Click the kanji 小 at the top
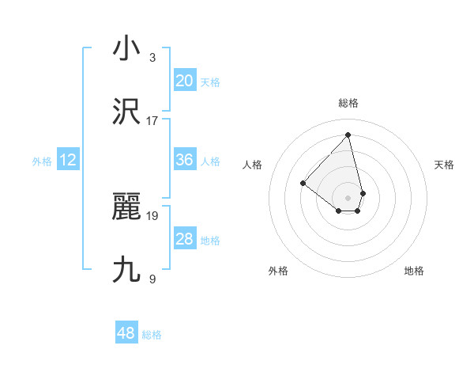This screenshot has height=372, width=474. pos(127,49)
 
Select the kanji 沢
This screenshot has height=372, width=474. pos(127,112)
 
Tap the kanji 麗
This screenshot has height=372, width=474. pos(127,207)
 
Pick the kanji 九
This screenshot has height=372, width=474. pos(127,270)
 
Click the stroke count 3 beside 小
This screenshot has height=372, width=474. pos(152,58)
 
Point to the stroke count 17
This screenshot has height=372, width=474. pos(152,121)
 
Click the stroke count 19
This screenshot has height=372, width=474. pos(152,215)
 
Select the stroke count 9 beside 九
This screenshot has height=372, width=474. pos(152,279)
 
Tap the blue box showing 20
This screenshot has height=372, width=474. pos(185,81)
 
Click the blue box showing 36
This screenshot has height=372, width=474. pos(185,160)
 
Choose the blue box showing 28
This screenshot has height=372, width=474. pos(185,239)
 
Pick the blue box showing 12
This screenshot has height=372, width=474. pos(68,160)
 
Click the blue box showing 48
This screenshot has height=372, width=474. pos(126,333)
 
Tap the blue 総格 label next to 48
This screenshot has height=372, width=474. pos(152,335)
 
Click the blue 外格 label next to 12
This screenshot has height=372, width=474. pos(42,161)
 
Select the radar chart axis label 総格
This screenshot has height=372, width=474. pos(348,103)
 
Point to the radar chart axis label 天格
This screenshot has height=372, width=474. pos(444,165)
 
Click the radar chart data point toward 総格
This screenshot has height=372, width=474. pos(348,134)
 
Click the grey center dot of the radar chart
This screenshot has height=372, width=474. pos(348,197)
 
